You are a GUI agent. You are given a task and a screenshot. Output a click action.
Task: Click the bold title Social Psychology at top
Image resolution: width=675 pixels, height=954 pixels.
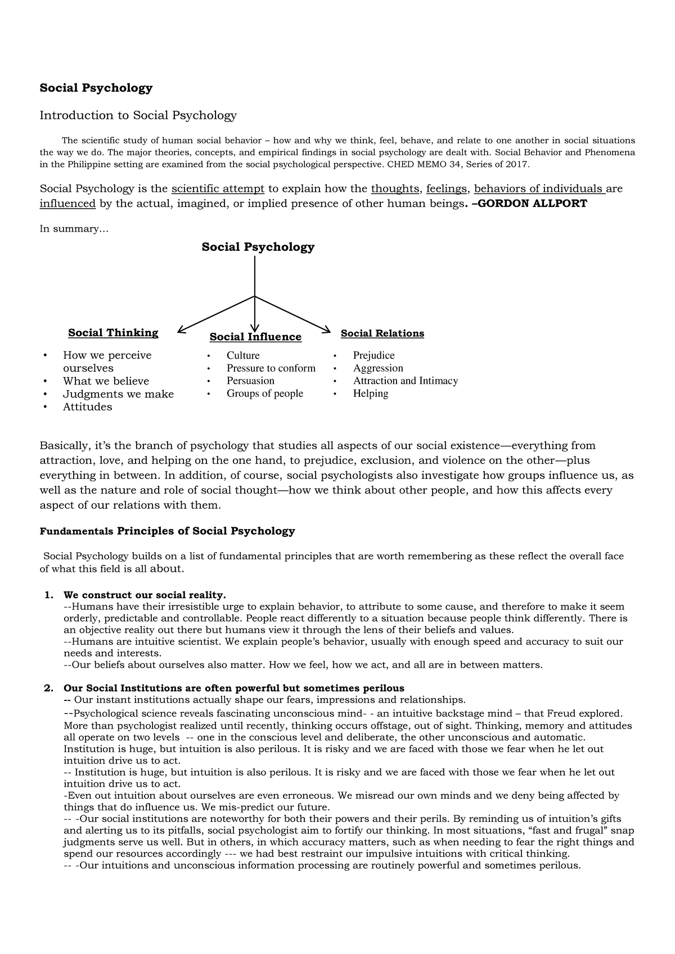tap(96, 88)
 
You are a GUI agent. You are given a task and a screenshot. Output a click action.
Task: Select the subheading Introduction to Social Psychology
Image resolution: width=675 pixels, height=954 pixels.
tap(138, 115)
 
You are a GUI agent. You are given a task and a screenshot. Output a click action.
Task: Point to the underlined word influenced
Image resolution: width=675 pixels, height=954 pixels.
tap(67, 204)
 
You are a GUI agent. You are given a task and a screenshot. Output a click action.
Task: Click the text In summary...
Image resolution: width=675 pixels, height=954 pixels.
tap(73, 229)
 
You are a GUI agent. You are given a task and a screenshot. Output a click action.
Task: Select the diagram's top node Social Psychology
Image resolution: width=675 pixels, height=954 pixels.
tap(258, 247)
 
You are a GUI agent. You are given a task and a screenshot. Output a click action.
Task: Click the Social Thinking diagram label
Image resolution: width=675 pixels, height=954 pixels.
tap(113, 333)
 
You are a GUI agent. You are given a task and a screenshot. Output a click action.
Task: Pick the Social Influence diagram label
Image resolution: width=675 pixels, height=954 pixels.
tap(255, 337)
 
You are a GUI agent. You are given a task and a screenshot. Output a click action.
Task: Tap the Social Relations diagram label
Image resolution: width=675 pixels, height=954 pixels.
tap(382, 333)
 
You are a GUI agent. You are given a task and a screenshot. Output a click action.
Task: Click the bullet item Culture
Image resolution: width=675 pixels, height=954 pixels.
tap(243, 355)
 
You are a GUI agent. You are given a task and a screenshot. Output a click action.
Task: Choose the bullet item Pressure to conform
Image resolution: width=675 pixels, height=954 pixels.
tap(271, 368)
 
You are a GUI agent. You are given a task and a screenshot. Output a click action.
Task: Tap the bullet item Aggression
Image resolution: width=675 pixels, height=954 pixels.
tap(378, 368)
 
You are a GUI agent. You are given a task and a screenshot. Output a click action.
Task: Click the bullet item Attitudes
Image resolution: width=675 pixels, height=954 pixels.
tap(87, 407)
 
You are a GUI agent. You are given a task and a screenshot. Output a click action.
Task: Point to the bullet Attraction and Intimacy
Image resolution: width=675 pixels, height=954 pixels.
tap(405, 381)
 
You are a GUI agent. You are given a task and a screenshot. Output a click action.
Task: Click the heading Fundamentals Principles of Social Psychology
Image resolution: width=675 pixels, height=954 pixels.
tap(167, 531)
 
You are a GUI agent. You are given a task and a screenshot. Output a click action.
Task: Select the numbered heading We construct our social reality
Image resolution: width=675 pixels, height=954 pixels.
tap(145, 595)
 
